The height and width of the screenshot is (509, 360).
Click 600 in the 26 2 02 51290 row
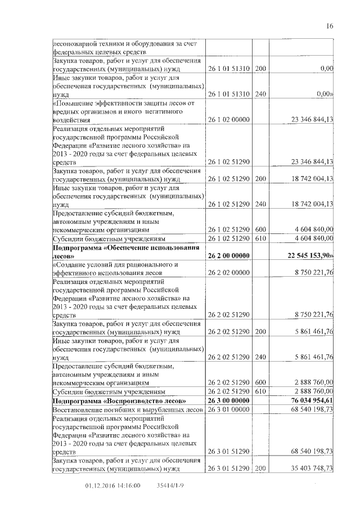point(260,382)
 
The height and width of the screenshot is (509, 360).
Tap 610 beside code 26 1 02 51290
point(260,238)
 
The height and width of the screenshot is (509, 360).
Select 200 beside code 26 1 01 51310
point(260,69)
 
